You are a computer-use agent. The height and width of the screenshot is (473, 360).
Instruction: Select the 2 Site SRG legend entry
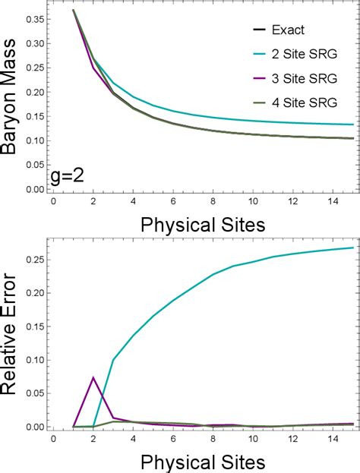300,54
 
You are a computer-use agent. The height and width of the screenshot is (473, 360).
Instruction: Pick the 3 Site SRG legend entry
300,77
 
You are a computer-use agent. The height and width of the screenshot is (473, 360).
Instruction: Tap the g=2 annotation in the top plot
68,178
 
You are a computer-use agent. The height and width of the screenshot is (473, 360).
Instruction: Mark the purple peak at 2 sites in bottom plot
93,377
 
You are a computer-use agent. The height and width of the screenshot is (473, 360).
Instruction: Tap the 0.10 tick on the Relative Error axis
33,360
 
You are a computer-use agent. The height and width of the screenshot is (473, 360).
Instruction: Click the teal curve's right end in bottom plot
352,248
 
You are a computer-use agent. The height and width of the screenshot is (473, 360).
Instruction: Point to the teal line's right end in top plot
352,125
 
